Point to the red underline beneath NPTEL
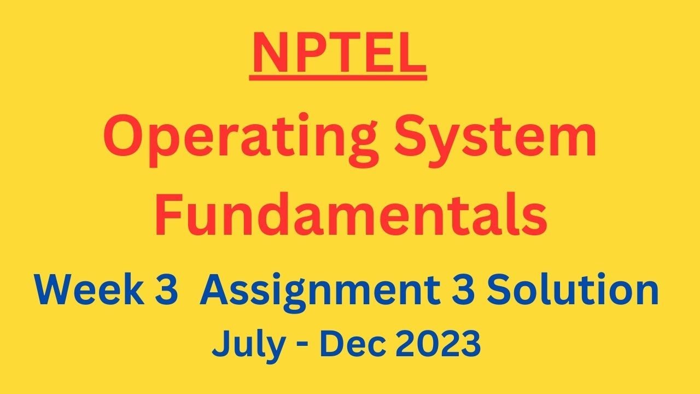(338, 78)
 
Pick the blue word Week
(89, 289)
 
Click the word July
(248, 345)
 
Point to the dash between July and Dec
(303, 346)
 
